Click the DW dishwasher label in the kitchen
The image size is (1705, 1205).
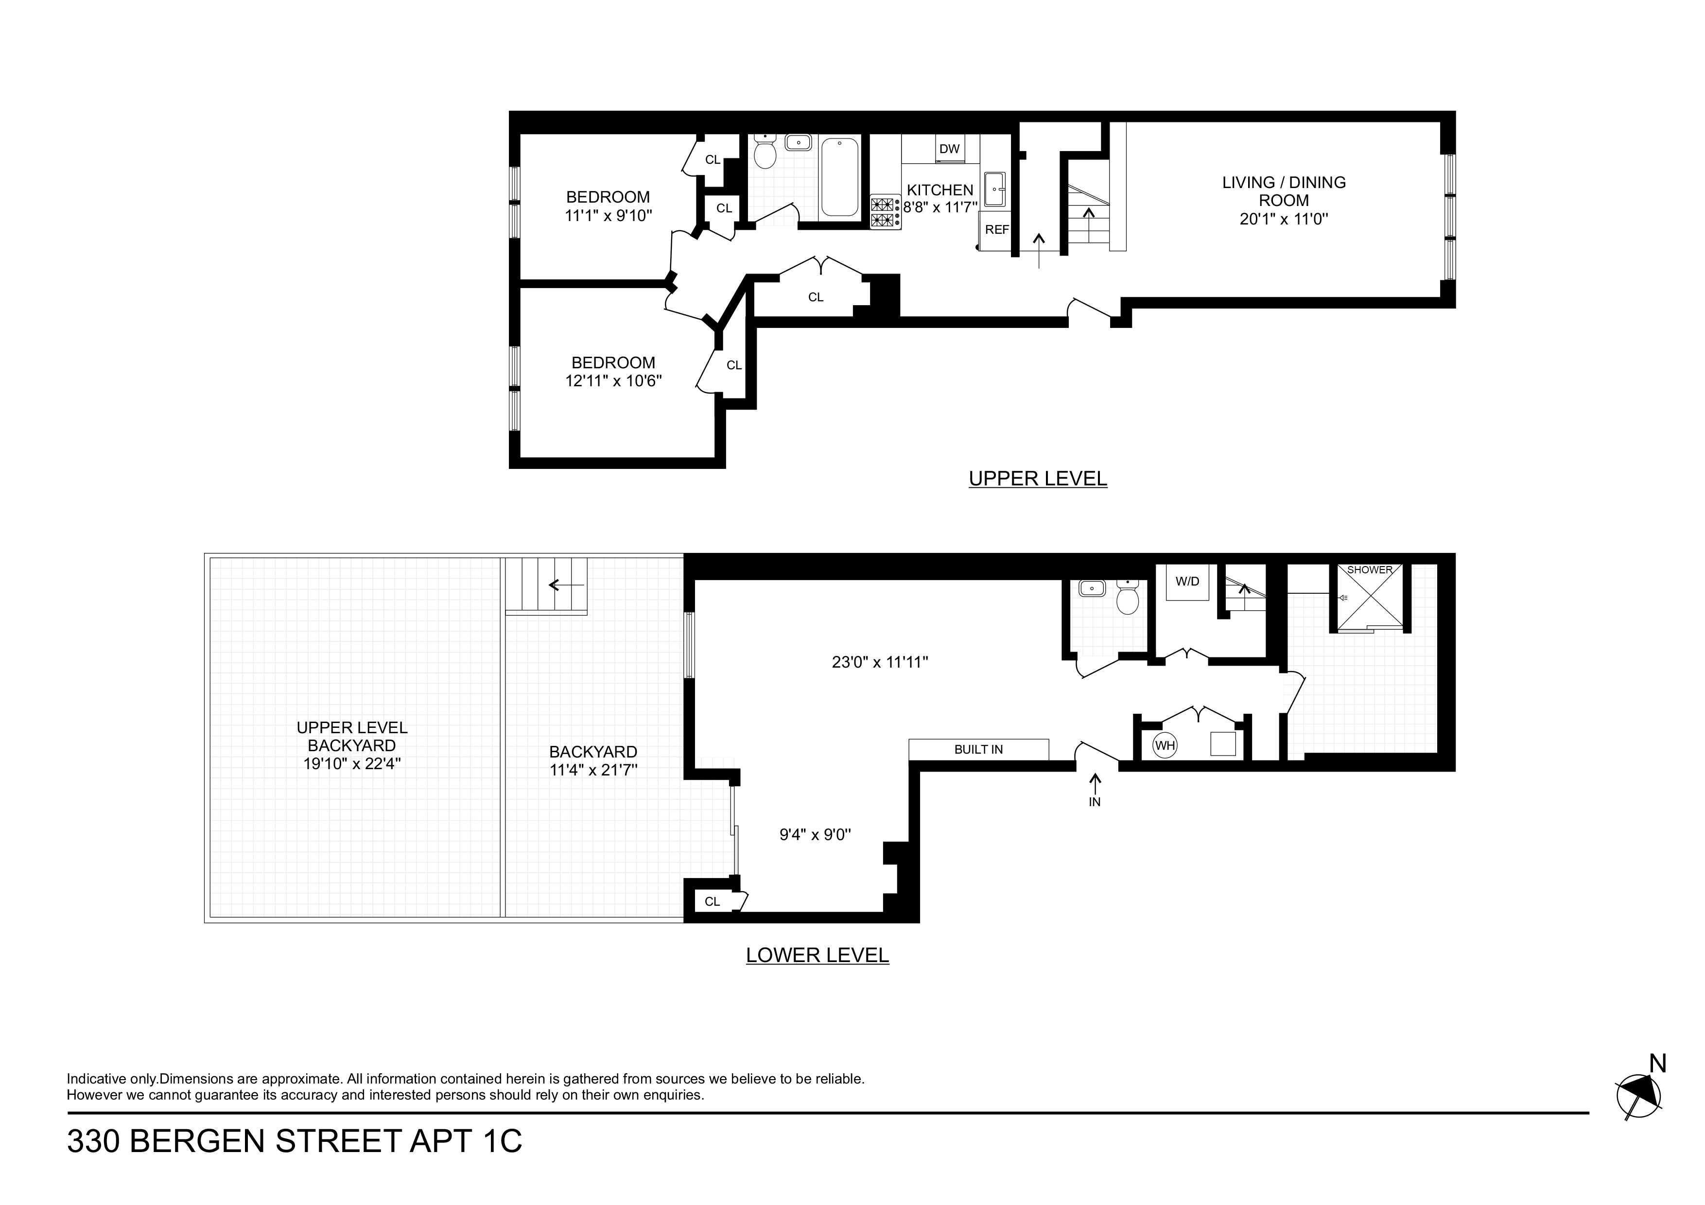[949, 149]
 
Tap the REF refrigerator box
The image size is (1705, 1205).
[996, 230]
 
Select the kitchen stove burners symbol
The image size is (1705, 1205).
[885, 211]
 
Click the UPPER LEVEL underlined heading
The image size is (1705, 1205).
[1037, 479]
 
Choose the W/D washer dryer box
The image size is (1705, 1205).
[1187, 581]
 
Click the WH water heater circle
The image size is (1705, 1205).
[1165, 745]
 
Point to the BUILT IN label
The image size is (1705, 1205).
[978, 750]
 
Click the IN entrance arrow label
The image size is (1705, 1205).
[1095, 802]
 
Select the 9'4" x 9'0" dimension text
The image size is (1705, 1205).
[815, 835]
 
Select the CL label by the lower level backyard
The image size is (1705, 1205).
[712, 901]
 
